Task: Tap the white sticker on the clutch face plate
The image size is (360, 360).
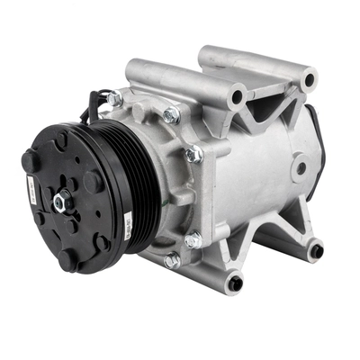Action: [29, 192]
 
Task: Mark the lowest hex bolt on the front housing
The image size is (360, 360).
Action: [171, 260]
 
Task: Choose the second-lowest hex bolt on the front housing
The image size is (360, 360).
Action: [193, 239]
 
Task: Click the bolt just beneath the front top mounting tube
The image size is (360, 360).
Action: [171, 114]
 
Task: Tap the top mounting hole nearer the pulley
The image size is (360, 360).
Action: [238, 93]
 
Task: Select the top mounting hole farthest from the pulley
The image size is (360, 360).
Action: [309, 80]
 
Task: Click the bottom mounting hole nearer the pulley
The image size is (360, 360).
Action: [235, 283]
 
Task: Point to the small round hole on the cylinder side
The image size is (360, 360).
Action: [299, 167]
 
